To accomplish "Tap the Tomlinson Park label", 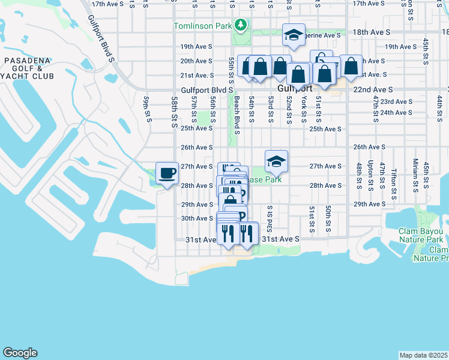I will point(202,26).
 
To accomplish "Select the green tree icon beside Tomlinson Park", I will point(241,25).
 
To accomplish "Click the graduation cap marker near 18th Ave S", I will point(294,35).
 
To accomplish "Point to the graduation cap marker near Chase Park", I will point(276,161).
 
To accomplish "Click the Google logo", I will point(20,353).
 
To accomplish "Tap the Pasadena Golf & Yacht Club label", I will point(28,68).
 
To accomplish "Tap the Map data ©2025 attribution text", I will point(423,355).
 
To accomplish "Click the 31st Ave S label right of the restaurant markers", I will point(279,239).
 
